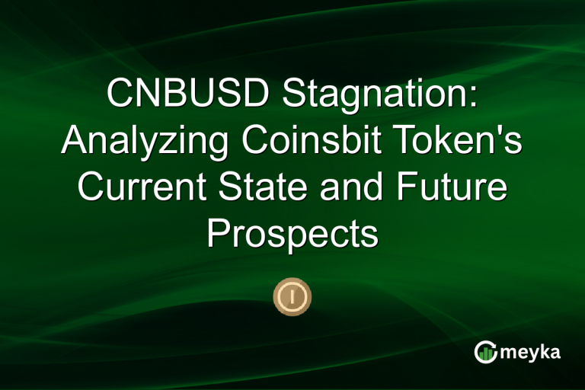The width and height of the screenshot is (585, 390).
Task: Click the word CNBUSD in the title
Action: pyautogui.click(x=187, y=94)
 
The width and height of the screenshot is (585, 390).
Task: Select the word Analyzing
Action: pyautogui.click(x=149, y=141)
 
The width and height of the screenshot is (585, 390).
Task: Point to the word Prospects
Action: pyautogui.click(x=292, y=234)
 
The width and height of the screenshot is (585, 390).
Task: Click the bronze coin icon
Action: pyautogui.click(x=292, y=294)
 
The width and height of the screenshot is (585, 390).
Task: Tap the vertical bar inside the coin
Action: pyautogui.click(x=292, y=294)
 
